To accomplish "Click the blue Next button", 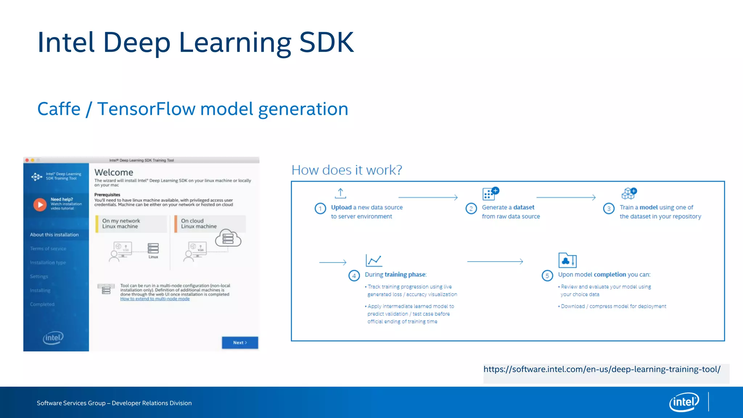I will tap(240, 343).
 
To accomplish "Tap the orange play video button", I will tap(40, 205).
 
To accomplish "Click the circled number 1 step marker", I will tap(320, 209).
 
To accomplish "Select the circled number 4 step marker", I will tap(354, 276).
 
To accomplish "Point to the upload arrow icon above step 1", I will tap(340, 193).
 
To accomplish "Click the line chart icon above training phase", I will tap(374, 260).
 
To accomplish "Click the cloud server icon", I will tap(228, 238).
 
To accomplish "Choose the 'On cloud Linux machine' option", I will tap(210, 224).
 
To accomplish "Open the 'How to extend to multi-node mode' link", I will tap(155, 299).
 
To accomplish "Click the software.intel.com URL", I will tap(602, 369).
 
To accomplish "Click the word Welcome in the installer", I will tap(114, 172).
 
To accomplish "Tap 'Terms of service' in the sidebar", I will tap(48, 249).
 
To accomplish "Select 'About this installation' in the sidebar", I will tap(54, 235).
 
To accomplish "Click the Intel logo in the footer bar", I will tap(684, 402).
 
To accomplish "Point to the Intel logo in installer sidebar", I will tap(53, 337).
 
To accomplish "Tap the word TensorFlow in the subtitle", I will tap(146, 109).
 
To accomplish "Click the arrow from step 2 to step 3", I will tap(566, 197).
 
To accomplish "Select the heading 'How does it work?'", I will tap(347, 170).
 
